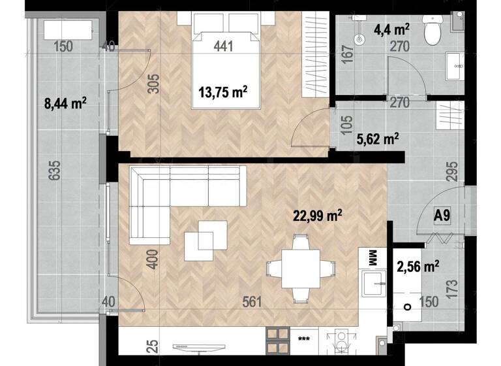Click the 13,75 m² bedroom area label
(222, 92)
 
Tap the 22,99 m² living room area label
(318, 215)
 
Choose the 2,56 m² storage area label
(417, 265)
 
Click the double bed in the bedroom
(225, 62)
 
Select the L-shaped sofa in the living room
(176, 196)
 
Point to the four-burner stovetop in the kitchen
(277, 341)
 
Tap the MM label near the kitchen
(373, 257)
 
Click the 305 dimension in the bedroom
(153, 83)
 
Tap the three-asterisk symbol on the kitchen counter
(303, 339)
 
